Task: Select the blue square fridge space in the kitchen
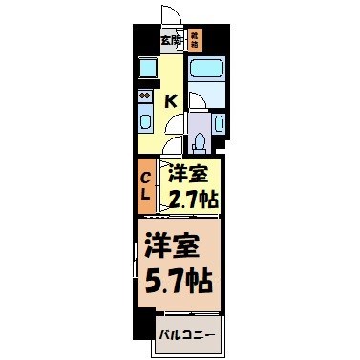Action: [148, 69]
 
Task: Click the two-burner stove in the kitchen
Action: [144, 95]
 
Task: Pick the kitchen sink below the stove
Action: [146, 119]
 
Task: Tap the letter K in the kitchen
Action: [172, 100]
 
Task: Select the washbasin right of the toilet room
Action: [218, 124]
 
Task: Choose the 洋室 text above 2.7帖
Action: [189, 176]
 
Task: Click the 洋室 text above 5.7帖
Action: [172, 245]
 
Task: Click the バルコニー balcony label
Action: [185, 334]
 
